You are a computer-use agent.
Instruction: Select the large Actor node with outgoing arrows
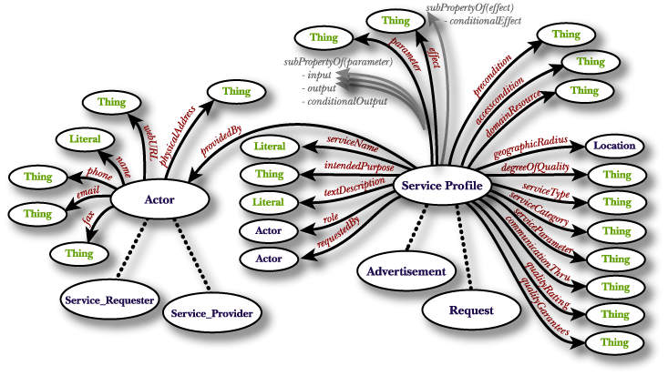159,198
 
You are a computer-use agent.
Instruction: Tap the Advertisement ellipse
406,270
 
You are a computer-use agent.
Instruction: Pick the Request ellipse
471,310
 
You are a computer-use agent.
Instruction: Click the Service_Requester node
108,299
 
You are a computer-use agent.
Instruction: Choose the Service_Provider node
211,312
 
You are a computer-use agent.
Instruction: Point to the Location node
615,145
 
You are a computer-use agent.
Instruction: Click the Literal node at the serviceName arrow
269,146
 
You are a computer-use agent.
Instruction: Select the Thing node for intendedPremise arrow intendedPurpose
269,173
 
